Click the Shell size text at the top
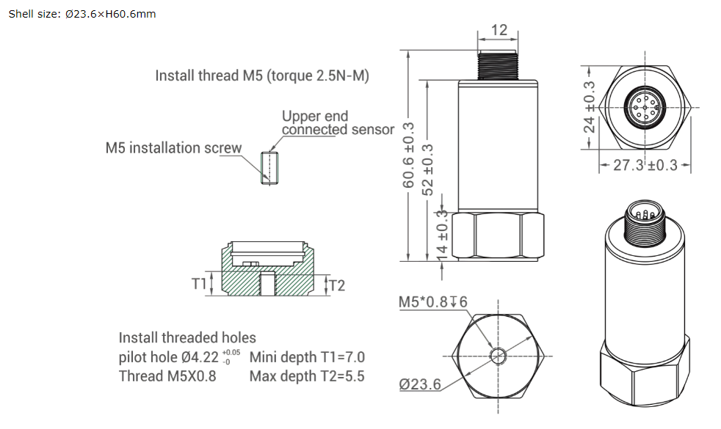point(81,14)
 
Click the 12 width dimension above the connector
point(499,30)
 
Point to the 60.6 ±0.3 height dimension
point(408,155)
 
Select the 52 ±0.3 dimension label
point(427,169)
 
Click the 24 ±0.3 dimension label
point(589,107)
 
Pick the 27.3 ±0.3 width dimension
point(645,165)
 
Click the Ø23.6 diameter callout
point(420,384)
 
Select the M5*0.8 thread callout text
point(432,302)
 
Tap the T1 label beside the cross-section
point(199,284)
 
